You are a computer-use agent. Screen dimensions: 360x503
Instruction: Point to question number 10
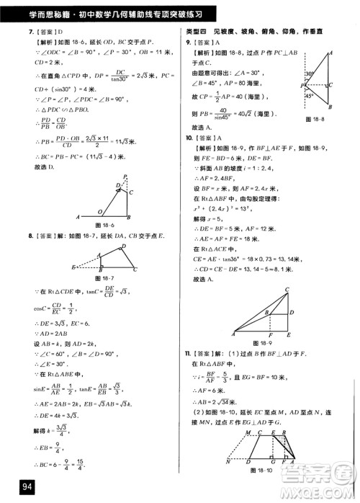click(x=188, y=137)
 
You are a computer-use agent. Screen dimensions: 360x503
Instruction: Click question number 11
click(x=188, y=352)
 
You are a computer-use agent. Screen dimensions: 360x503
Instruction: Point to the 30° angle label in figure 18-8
click(x=305, y=74)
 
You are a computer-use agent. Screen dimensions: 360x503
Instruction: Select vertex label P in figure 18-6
click(x=124, y=177)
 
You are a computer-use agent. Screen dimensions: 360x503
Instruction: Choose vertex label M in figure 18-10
click(x=247, y=432)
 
